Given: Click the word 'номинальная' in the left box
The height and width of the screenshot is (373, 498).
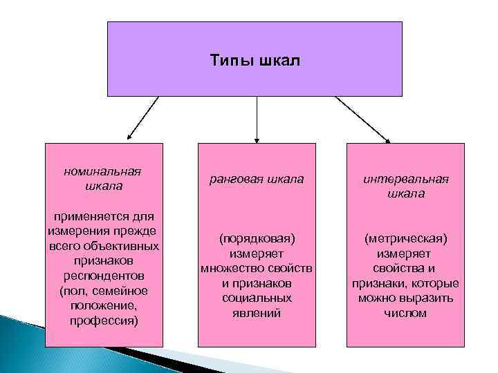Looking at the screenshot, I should [102, 171].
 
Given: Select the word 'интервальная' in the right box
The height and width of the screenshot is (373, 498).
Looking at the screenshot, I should [406, 179].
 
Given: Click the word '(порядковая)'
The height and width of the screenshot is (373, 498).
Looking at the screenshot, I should [257, 238].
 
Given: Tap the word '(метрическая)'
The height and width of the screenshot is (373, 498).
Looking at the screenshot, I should [406, 238].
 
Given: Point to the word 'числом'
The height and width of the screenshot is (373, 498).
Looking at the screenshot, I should [406, 314].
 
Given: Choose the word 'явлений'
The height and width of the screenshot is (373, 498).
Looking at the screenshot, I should [257, 314].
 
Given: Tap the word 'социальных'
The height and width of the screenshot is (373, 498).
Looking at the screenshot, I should [257, 298].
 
